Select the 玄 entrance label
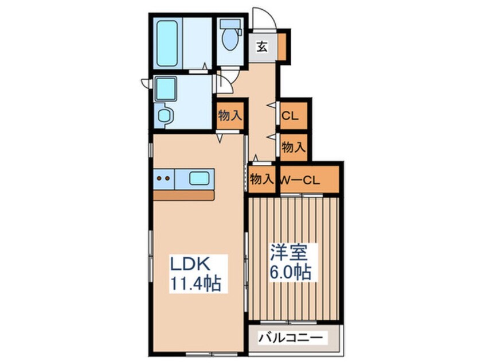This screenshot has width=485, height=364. (x=261, y=47)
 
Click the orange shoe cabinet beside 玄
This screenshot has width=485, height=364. (x=281, y=46)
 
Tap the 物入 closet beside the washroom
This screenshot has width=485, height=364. (x=229, y=115)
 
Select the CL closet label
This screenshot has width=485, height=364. (x=290, y=115)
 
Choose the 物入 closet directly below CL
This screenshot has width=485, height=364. (x=293, y=147)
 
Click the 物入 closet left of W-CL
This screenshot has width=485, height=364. (x=261, y=179)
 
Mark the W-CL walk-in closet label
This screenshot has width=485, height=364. (x=299, y=179)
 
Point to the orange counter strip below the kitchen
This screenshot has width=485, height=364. (x=183, y=195)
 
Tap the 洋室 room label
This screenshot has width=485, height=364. (x=290, y=253)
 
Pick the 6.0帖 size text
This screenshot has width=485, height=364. (x=291, y=272)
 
